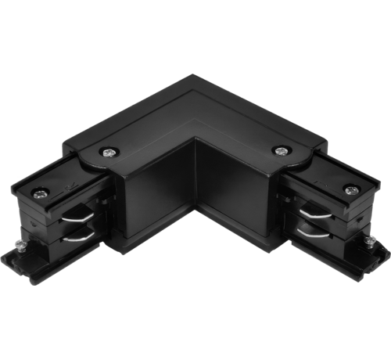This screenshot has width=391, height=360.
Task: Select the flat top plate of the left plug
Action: (x=59, y=179)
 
